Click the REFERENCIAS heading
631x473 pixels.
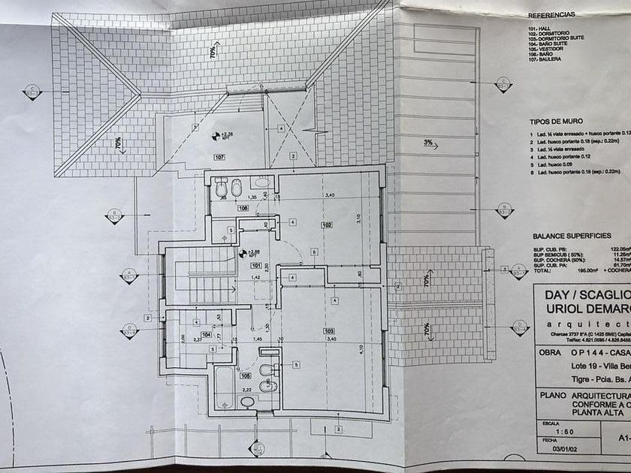click(551, 14)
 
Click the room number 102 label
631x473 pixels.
click(327, 224)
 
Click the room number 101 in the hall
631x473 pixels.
click(255, 265)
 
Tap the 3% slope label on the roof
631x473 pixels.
click(428, 142)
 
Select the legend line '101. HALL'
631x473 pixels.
click(539, 28)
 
